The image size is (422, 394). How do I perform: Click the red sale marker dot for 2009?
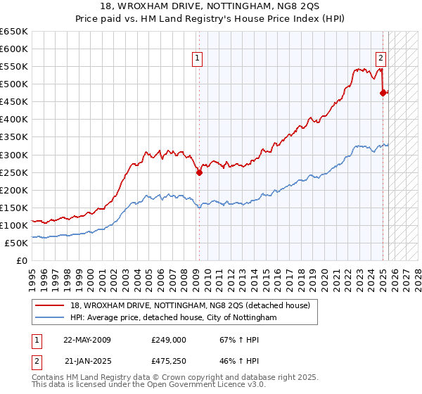pos(199,172)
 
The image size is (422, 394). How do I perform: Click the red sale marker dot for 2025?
pos(383,92)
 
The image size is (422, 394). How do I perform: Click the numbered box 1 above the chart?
pos(198,58)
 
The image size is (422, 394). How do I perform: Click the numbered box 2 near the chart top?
pos(381,58)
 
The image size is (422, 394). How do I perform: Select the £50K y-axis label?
pos(17,243)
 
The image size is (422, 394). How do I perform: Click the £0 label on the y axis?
pos(23,260)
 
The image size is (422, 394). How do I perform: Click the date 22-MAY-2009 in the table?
pos(87,339)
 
